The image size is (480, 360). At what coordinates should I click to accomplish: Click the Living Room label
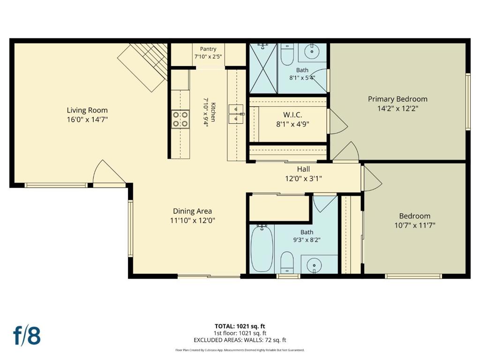(x=87, y=110)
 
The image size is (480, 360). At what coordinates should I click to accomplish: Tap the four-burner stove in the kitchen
(x=180, y=119)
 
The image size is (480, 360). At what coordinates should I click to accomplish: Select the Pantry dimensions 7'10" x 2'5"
(x=208, y=57)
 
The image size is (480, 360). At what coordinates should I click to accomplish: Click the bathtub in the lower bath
(x=262, y=248)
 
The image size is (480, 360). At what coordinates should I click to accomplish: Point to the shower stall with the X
(x=263, y=68)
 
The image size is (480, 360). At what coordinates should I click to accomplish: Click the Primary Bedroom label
(x=397, y=99)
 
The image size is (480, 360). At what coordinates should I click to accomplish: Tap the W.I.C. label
(x=292, y=115)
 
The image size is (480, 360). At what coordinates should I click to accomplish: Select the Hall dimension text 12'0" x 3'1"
(x=303, y=178)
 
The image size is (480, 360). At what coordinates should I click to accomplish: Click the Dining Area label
(x=192, y=211)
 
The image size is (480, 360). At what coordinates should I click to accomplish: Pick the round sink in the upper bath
(x=312, y=51)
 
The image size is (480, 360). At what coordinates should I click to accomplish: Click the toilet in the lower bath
(x=287, y=262)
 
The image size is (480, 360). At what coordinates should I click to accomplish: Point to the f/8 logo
(x=27, y=335)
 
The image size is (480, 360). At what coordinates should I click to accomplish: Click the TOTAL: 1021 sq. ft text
(x=240, y=326)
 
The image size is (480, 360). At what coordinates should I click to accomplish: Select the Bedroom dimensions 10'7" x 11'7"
(x=415, y=225)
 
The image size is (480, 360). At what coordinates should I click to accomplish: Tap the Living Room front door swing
(x=109, y=172)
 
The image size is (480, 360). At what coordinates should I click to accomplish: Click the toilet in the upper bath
(x=287, y=55)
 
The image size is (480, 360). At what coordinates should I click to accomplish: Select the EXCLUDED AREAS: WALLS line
(x=240, y=340)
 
